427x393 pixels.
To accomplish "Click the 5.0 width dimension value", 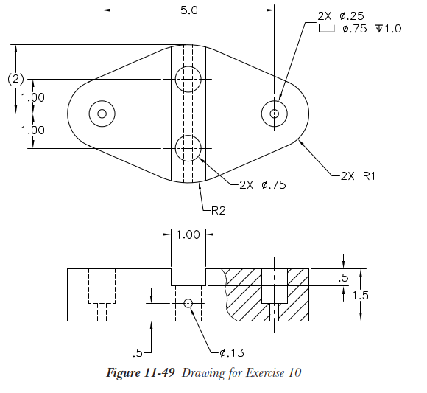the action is (188, 10).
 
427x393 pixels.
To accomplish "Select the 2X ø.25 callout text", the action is (341, 16).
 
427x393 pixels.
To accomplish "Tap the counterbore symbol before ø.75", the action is (326, 28).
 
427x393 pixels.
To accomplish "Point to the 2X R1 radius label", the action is (358, 176).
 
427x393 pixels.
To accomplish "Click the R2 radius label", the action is (219, 211).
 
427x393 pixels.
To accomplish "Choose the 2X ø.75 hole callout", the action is (263, 185).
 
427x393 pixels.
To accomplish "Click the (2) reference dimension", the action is (15, 79).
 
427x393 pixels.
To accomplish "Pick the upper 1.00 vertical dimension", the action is (32, 97).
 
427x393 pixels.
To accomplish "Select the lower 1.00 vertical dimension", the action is (32, 130).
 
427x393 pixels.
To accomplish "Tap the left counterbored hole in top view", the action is (102, 114).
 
